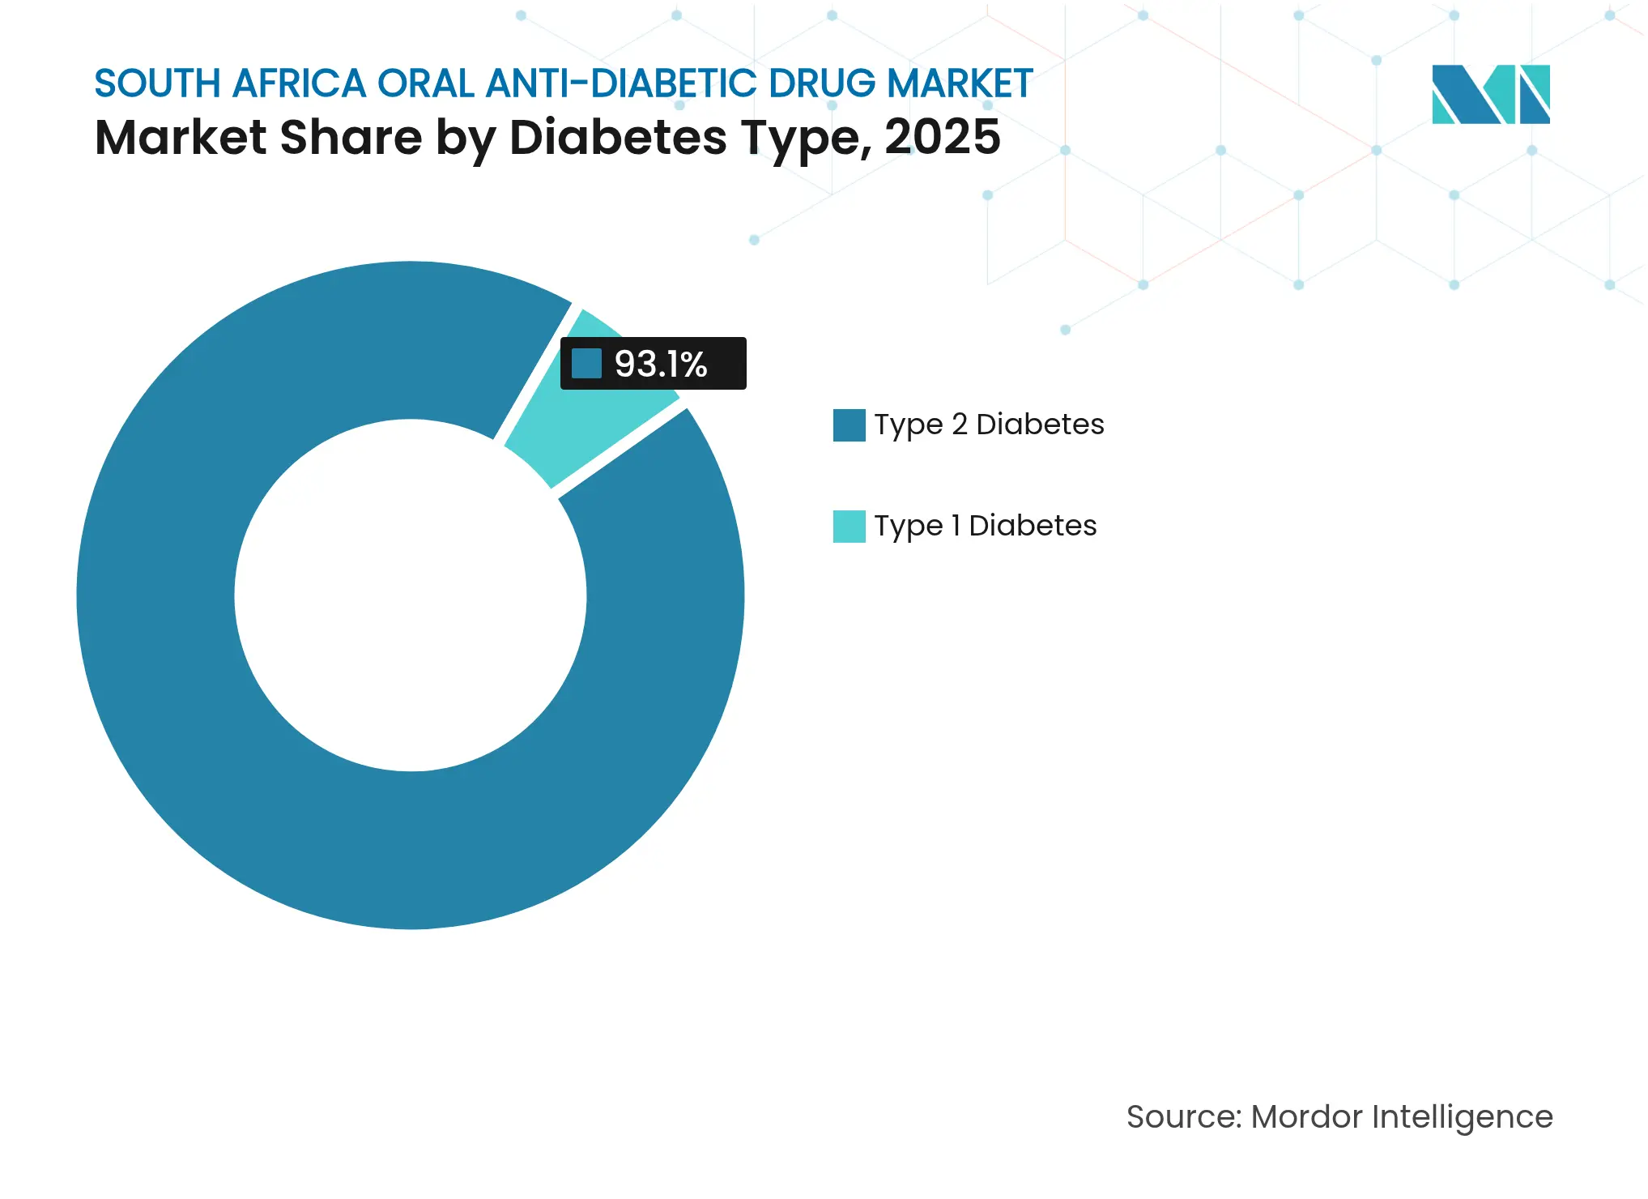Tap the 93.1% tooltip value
coord(661,364)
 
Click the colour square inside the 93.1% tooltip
coord(586,364)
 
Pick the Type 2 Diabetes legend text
coord(989,425)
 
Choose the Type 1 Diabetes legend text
coord(985,526)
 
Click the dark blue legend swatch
coord(849,425)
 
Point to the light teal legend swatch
coord(849,527)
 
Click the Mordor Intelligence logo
coord(1490,95)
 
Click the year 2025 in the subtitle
coord(942,137)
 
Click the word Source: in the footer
coord(1183,1116)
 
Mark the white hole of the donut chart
coord(411,595)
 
